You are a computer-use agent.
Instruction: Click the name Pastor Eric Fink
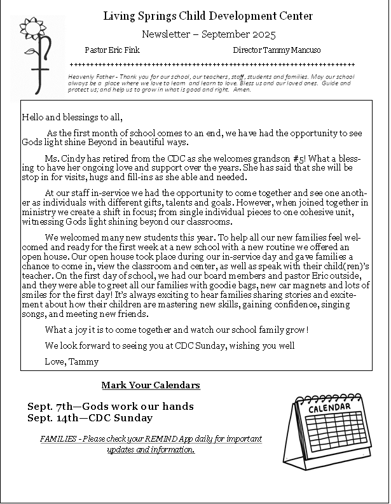(112, 50)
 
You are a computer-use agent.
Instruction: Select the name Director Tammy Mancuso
(277, 50)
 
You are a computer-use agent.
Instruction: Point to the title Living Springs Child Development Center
(208, 16)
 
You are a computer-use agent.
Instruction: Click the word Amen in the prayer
(242, 90)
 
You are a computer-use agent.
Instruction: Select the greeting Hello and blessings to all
(72, 117)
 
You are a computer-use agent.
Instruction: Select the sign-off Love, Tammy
(72, 361)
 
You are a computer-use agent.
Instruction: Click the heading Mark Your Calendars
(151, 385)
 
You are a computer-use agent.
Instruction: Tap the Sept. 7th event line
(111, 406)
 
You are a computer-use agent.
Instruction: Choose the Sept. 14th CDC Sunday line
(90, 418)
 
